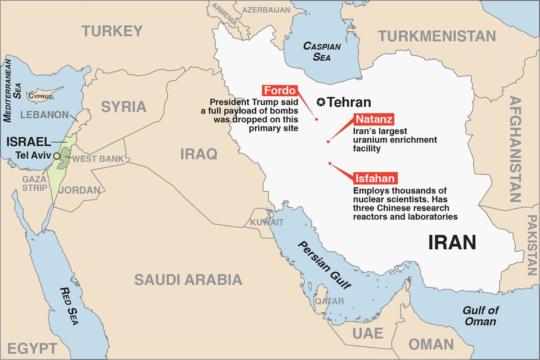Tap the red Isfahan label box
[375, 178]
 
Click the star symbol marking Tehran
[321, 102]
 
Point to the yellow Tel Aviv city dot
[57, 156]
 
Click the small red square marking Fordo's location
[317, 119]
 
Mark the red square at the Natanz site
[328, 142]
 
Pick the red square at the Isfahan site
[330, 163]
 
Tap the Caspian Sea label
[322, 51]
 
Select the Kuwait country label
[267, 222]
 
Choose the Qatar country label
[329, 301]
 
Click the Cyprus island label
[40, 96]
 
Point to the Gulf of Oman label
[481, 315]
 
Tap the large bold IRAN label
[452, 243]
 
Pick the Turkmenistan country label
[436, 36]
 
